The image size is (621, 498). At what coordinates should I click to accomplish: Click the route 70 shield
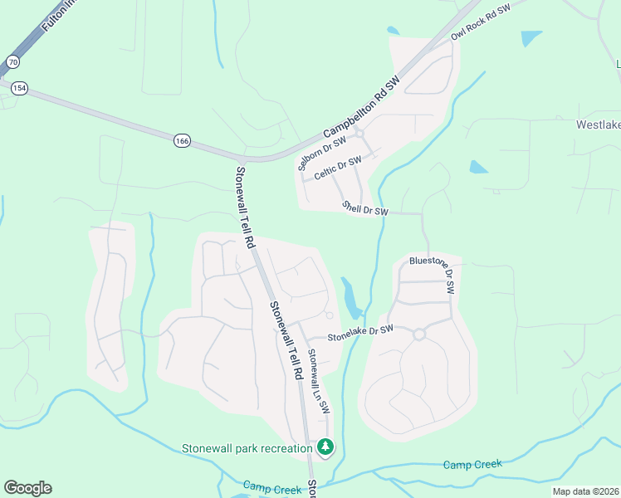coord(12,62)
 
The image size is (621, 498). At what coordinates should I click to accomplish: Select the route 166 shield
coord(182,141)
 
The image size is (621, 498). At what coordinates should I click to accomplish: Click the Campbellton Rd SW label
coord(361,107)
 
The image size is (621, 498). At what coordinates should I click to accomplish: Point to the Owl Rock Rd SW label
coord(479,22)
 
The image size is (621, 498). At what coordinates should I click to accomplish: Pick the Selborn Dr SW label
coord(320,150)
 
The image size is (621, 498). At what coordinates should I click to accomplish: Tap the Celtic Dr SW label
coord(338,168)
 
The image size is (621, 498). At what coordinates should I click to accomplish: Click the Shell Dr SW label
coord(365,209)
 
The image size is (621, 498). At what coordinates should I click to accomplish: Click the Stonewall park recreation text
coord(247,448)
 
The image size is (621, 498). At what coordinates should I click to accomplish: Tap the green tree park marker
coord(326,448)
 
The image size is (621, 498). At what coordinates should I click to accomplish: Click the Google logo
coord(27,488)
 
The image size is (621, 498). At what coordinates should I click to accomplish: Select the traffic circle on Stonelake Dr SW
coord(418,334)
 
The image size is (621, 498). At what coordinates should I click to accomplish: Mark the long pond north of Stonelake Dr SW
coord(350,296)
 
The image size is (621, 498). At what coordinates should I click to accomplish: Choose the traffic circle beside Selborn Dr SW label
coord(359,132)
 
